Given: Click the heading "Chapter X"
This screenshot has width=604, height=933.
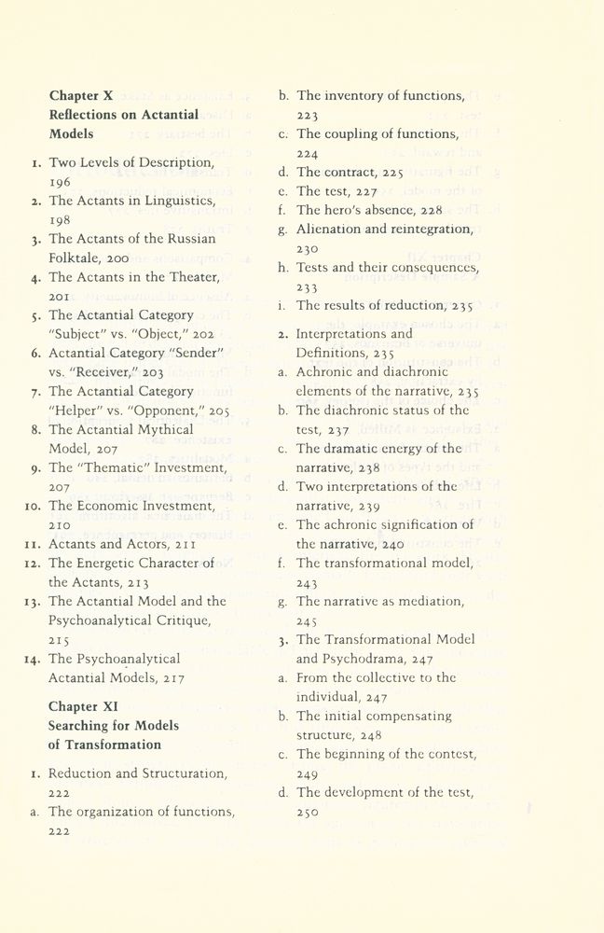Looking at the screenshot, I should [x=81, y=95].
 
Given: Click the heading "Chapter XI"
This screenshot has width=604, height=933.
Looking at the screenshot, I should [x=84, y=706].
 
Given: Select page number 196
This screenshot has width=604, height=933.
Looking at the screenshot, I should [x=62, y=182].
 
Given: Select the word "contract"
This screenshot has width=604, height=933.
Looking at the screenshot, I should [x=350, y=173].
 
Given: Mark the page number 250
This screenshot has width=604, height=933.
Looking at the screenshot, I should [x=308, y=812].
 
